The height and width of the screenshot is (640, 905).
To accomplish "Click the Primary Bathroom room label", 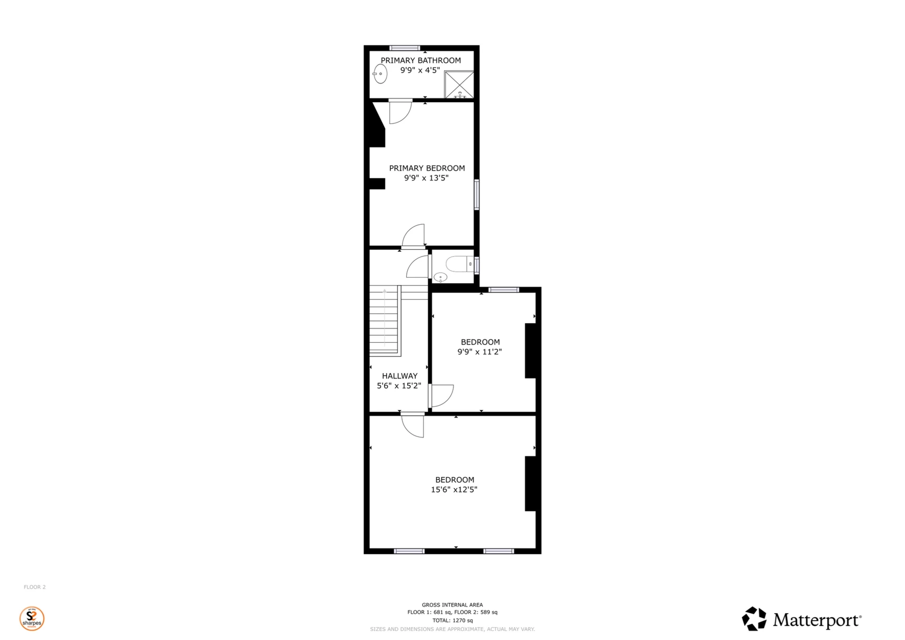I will click(420, 60).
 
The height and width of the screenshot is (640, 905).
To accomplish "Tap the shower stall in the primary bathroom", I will click(459, 85).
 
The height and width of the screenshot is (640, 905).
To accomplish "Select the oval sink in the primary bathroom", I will click(380, 74).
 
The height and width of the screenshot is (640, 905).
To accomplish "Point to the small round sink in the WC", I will click(440, 277).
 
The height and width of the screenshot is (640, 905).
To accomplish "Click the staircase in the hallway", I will click(384, 320).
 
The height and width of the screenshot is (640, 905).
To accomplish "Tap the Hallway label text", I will click(399, 376).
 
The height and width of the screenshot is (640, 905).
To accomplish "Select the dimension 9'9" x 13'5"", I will click(426, 178).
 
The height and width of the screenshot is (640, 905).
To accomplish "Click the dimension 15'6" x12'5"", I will click(454, 490).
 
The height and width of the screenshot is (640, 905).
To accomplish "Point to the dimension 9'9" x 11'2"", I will click(479, 352).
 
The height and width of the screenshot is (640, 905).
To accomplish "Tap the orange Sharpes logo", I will click(32, 618).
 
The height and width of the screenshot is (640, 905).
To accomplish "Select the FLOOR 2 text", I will click(35, 587).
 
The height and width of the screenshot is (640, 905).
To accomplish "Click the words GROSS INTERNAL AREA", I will click(452, 605).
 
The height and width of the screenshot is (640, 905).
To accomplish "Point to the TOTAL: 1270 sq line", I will click(452, 620).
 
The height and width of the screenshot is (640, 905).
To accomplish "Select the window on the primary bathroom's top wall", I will click(404, 48).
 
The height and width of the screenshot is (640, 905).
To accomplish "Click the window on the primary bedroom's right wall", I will click(477, 194).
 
